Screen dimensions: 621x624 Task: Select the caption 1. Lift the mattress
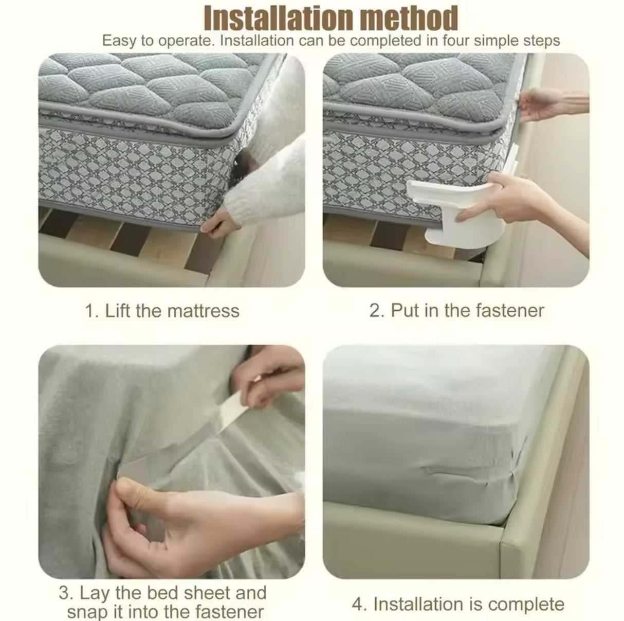point(162,311)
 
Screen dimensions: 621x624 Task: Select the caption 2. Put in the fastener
point(456,311)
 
